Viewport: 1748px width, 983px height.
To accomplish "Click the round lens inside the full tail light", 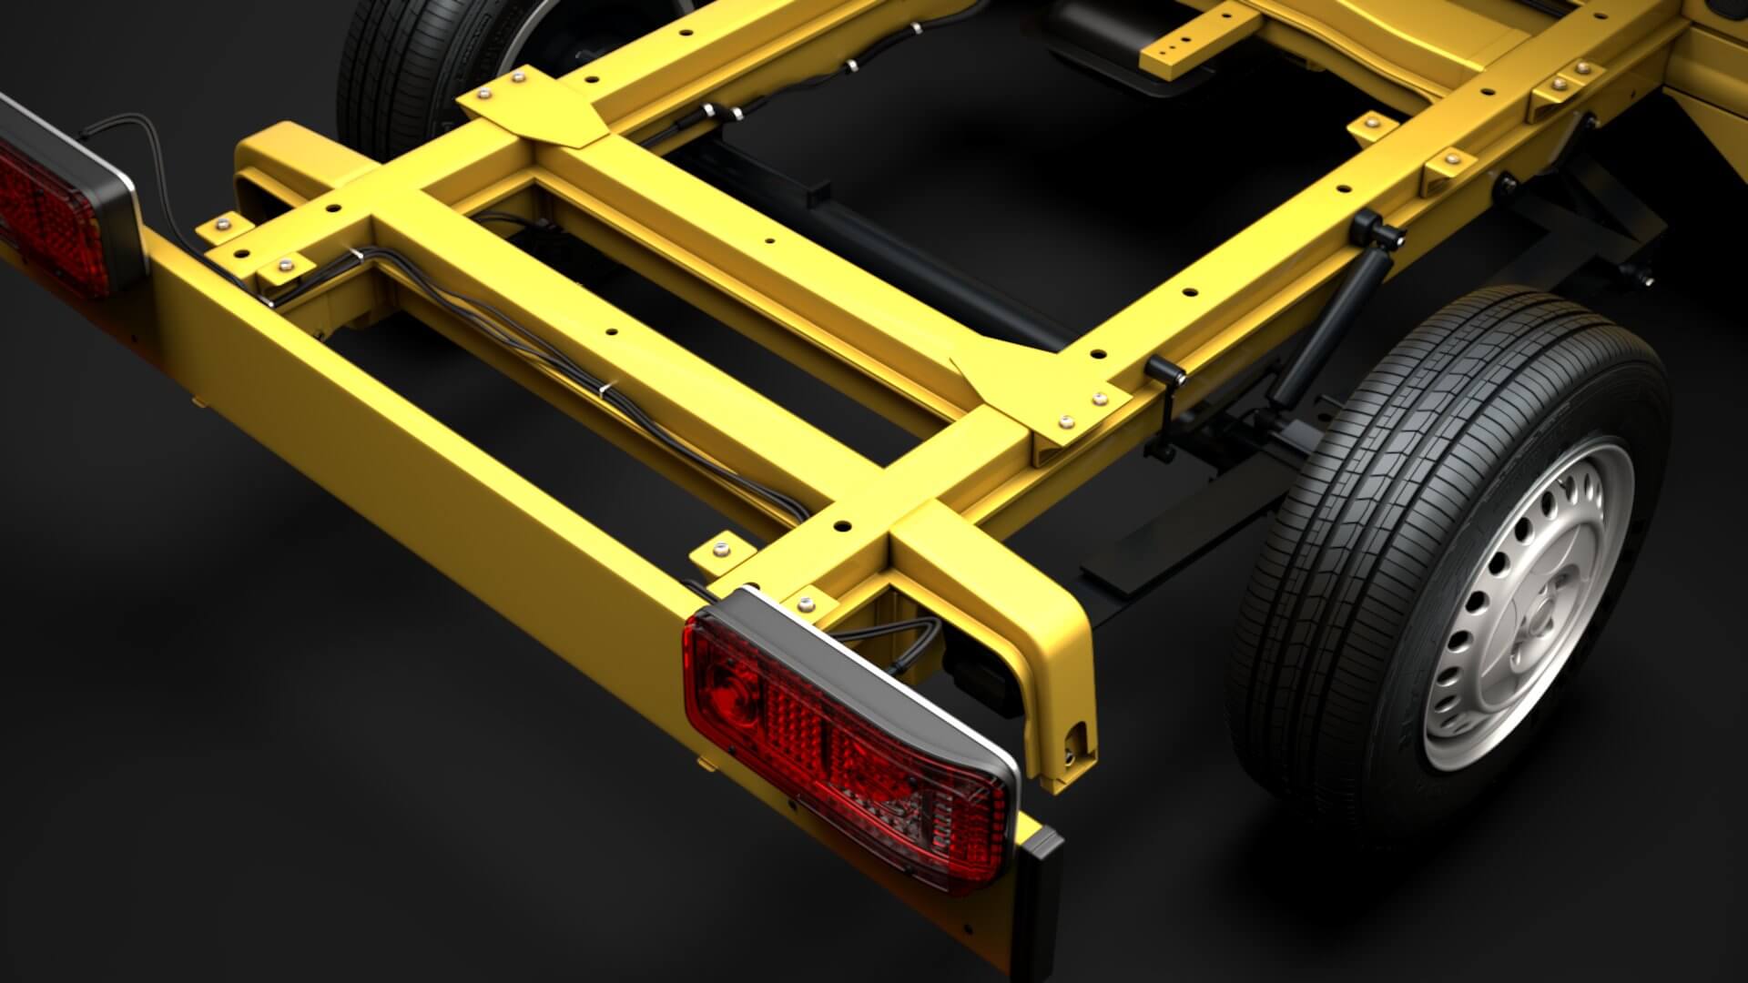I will pyautogui.click(x=733, y=683).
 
